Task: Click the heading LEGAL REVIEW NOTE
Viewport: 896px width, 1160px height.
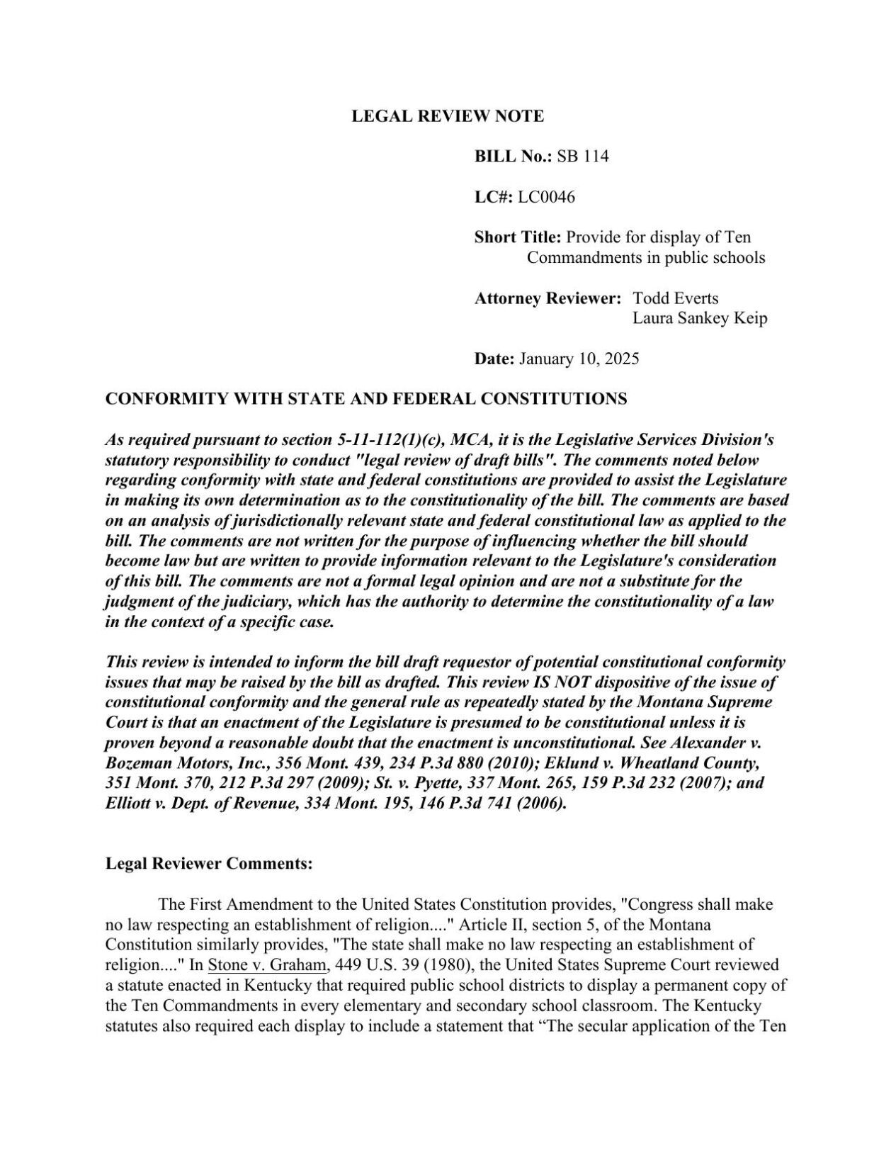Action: tap(448, 116)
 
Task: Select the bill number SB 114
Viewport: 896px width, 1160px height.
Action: tap(582, 157)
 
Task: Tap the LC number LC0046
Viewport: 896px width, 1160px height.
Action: tap(546, 197)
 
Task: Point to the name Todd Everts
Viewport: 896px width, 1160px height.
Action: tap(675, 298)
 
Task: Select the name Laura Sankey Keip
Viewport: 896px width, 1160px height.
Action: tap(699, 318)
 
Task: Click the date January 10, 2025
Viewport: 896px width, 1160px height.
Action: tap(579, 359)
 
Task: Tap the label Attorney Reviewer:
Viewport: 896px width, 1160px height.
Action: tap(548, 298)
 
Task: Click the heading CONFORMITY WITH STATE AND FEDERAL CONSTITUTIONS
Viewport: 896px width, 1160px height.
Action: tap(366, 399)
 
